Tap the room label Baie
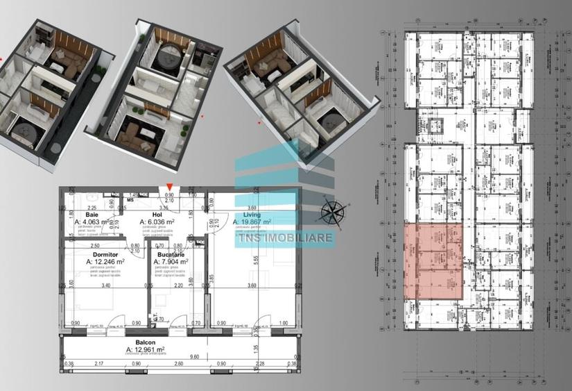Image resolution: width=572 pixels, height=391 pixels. (x=92, y=215)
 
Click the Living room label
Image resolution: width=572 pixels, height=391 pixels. (x=245, y=215)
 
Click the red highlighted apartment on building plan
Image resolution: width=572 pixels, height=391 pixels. (x=433, y=263)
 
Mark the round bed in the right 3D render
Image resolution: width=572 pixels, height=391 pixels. (x=325, y=115)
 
